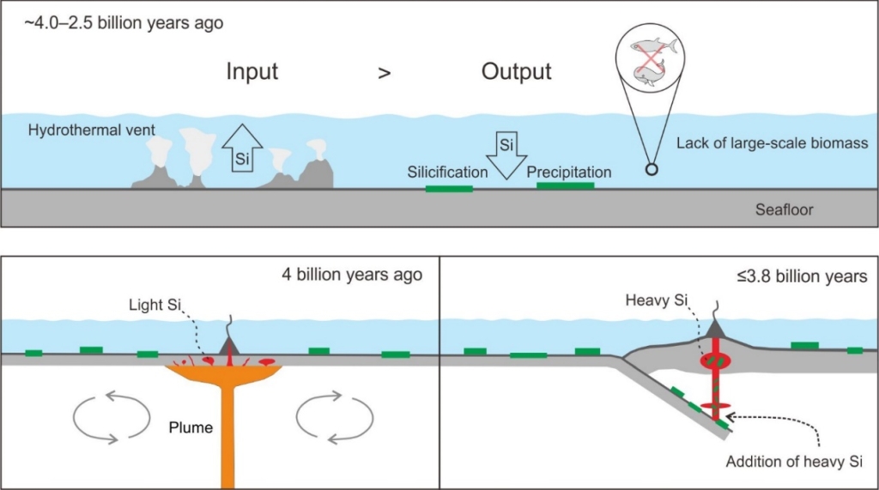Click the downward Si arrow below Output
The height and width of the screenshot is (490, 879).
click(x=506, y=153)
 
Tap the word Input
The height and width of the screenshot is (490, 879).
click(x=252, y=72)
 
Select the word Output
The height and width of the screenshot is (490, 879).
click(x=516, y=72)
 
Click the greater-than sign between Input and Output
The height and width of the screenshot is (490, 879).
click(x=384, y=74)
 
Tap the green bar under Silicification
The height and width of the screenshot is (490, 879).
click(x=449, y=188)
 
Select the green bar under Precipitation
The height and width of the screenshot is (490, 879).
click(x=565, y=185)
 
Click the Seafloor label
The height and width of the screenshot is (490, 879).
click(x=783, y=209)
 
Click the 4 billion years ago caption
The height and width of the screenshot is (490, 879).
click(x=352, y=275)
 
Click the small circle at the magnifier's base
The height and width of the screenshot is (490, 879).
click(x=652, y=169)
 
